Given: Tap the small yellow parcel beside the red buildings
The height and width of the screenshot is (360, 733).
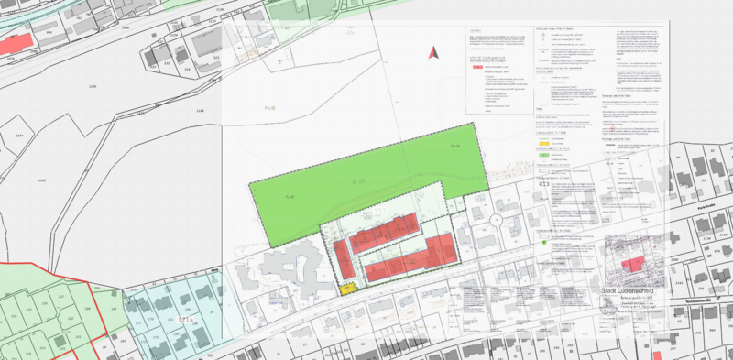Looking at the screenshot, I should tap(347, 289).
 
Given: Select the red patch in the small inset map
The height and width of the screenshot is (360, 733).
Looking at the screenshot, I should tap(632, 264).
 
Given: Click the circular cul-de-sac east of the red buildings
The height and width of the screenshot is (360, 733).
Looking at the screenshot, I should tap(496, 220).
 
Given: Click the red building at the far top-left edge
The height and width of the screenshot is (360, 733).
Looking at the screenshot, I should tap(16, 44).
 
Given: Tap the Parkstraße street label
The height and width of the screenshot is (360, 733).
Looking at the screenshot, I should tap(705, 207).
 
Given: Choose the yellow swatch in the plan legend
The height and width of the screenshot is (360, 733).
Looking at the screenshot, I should tap(543, 143).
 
